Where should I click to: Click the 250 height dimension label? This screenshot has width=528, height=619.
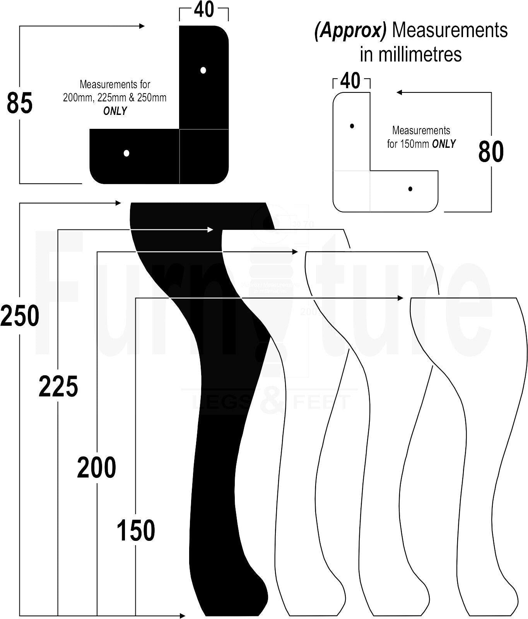[x=20, y=316]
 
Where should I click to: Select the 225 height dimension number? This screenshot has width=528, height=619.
[x=58, y=386]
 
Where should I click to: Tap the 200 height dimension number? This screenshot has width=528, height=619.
[x=97, y=467]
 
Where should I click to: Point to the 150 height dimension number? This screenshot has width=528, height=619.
[x=136, y=530]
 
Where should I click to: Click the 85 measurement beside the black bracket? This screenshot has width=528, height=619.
[x=20, y=103]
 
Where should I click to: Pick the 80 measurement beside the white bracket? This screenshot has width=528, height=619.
[x=491, y=152]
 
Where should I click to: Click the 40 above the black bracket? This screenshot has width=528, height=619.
[x=204, y=10]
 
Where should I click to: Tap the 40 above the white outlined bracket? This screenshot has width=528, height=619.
[x=351, y=81]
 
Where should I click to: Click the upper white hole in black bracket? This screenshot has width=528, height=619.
[x=203, y=70]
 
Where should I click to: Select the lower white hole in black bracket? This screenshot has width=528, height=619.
[x=126, y=153]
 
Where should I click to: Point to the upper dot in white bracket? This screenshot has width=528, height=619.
[x=352, y=126]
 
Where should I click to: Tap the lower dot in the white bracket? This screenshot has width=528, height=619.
[x=410, y=189]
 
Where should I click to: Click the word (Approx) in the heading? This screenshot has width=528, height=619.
[x=350, y=31]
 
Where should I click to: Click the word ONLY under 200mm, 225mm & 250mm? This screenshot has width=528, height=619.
[x=115, y=111]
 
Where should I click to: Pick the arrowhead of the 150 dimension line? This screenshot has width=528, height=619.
[x=400, y=298]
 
